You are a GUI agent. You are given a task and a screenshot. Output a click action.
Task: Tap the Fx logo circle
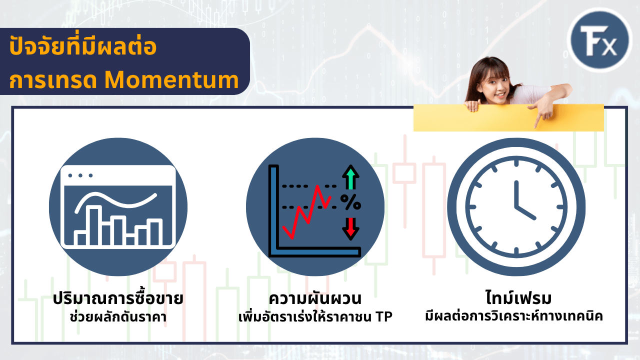coord(601,39)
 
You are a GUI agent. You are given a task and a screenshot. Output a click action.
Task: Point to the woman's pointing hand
coord(542,112)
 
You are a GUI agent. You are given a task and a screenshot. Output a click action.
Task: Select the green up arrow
coord(351,178)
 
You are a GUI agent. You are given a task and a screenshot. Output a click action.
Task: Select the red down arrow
coord(351,227)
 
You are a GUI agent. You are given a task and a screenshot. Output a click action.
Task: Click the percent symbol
coord(350,202)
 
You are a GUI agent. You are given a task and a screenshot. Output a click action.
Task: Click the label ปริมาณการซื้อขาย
coord(118,299)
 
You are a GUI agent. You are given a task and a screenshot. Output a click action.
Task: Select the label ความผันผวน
coord(315,299)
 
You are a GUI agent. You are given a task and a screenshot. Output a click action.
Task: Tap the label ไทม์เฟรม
coord(517,298)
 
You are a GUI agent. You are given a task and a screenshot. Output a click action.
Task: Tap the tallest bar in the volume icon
coord(94,225)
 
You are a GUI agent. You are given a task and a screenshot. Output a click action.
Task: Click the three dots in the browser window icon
coord(80,175)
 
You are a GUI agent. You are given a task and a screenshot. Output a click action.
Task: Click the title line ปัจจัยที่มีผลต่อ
coord(83,47)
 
